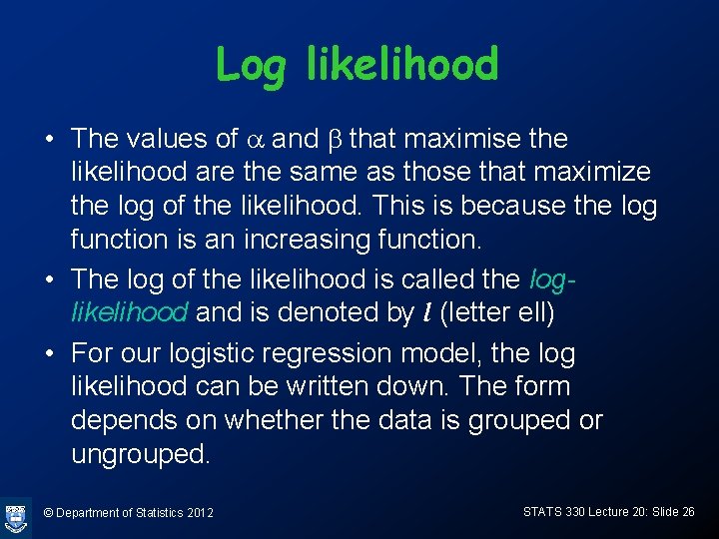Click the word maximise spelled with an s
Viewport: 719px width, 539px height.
coord(469,139)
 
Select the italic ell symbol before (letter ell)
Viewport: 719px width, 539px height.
coord(426,312)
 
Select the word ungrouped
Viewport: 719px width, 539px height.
coord(141,454)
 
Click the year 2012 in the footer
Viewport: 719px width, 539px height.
coord(200,513)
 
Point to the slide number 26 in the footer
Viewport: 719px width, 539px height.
coord(687,511)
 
